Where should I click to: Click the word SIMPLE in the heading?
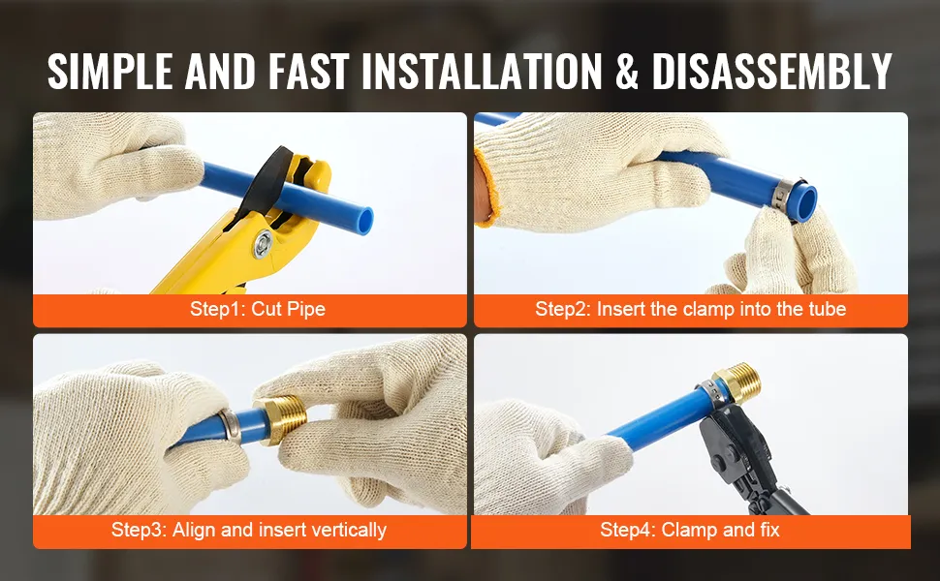point(110,72)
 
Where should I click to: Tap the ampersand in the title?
point(626,72)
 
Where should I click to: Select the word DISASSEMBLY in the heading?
point(772,72)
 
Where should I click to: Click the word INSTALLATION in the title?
point(482,72)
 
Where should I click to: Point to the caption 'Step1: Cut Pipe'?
point(258,309)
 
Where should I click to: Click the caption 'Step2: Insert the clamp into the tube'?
point(691,309)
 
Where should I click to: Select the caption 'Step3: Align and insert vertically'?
point(249,530)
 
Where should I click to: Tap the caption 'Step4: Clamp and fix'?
point(690,530)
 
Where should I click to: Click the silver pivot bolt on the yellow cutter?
point(263,243)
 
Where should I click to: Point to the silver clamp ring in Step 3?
point(231,426)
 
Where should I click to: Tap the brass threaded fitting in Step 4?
point(736,382)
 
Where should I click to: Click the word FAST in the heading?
point(308,72)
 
